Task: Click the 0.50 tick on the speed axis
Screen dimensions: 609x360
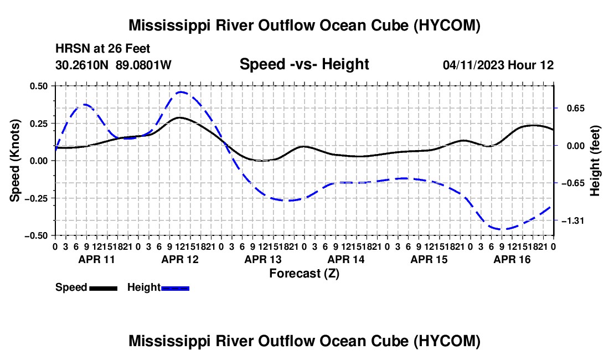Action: (38, 86)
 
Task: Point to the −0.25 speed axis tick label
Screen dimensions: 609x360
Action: (36, 198)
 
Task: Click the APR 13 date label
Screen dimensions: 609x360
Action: (263, 259)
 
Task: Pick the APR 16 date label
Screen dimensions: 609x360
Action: (512, 259)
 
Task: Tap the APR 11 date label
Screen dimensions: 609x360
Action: (97, 259)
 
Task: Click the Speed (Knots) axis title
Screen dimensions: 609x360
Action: (15, 161)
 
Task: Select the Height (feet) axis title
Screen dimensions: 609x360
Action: (595, 161)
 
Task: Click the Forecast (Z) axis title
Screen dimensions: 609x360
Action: (304, 274)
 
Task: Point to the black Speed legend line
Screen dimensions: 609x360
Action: (104, 288)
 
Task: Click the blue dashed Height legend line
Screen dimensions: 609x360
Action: (175, 288)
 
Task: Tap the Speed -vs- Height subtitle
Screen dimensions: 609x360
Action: (304, 64)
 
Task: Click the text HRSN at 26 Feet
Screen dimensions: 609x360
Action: (102, 49)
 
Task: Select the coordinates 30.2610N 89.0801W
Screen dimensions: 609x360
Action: (113, 65)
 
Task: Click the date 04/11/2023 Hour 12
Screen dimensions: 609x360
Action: (498, 65)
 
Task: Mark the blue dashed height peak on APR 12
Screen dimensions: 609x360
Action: (181, 92)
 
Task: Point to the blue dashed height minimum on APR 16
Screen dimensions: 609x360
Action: (502, 229)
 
